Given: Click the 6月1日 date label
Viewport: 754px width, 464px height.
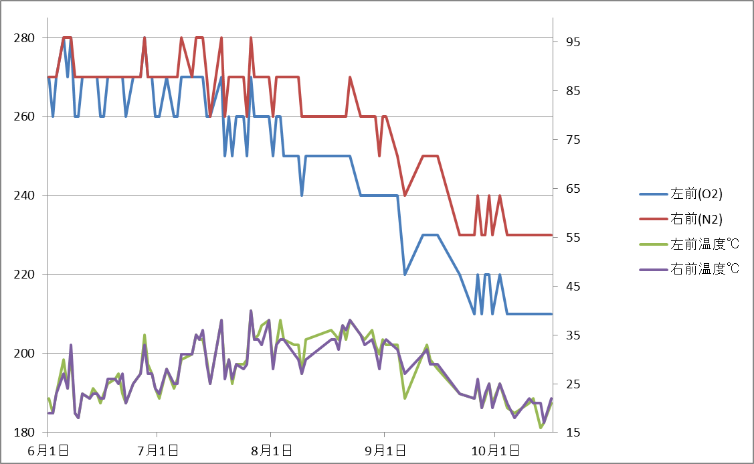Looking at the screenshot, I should pyautogui.click(x=46, y=451).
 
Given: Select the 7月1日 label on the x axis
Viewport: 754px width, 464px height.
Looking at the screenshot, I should pyautogui.click(x=157, y=451).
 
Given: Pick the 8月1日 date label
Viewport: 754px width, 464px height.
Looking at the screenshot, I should pyautogui.click(x=270, y=451).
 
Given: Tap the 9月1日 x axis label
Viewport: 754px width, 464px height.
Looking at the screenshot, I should pyautogui.click(x=384, y=451).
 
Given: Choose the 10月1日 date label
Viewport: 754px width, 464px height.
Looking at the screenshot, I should pyautogui.click(x=494, y=451).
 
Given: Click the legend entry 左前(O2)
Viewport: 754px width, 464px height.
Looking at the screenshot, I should pyautogui.click(x=696, y=195).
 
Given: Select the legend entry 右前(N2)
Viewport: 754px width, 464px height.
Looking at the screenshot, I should pyautogui.click(x=696, y=219).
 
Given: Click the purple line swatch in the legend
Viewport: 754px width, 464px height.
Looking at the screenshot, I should pyautogui.click(x=653, y=269).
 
